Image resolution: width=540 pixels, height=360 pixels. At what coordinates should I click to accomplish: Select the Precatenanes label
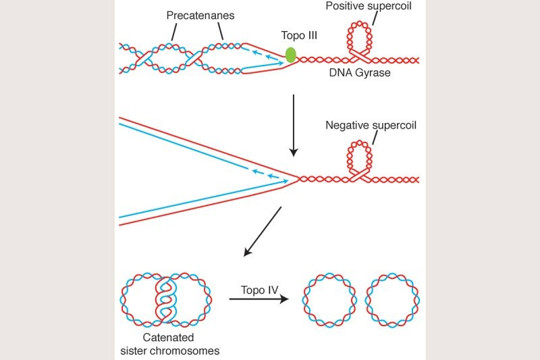[x=197, y=15]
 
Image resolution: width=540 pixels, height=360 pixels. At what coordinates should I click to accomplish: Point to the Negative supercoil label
[x=371, y=126]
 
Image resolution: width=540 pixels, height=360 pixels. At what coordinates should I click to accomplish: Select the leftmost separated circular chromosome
[x=329, y=299]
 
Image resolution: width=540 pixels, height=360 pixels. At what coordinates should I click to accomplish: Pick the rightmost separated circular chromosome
[x=392, y=299]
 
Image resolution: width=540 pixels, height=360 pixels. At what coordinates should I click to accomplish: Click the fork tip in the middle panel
[x=298, y=179]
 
